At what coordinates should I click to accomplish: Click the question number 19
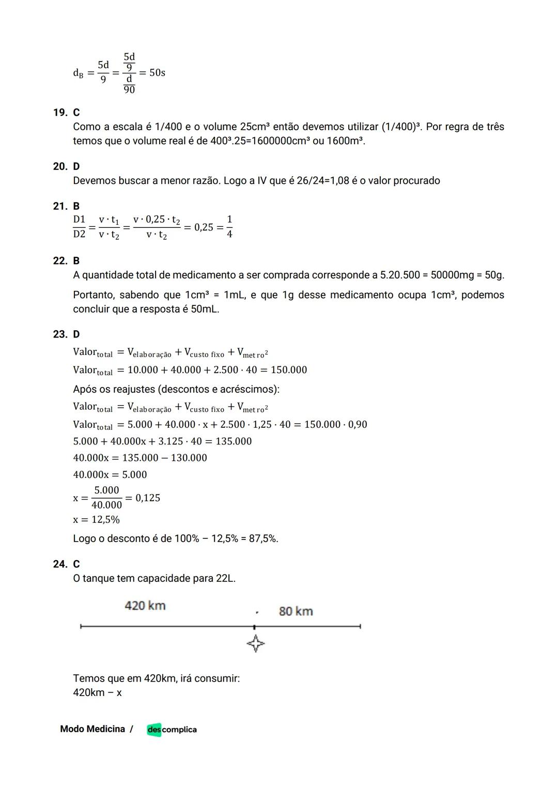59,113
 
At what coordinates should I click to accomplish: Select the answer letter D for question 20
76,166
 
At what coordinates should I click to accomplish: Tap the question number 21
59,206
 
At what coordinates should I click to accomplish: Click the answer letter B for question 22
76,260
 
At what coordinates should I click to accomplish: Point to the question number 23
59,334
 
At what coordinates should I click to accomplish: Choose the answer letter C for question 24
76,564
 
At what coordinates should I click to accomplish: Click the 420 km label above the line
145,606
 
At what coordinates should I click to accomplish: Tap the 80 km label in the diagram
296,611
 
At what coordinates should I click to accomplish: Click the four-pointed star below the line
255,644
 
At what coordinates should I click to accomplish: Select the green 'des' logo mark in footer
154,730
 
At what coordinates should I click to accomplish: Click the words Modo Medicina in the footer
92,729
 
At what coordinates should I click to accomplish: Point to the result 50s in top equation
157,73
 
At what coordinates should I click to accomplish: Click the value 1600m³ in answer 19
346,141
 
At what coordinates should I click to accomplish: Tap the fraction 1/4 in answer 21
229,227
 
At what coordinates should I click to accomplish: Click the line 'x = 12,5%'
96,519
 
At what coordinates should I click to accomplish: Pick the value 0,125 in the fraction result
148,498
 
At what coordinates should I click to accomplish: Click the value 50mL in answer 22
205,310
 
